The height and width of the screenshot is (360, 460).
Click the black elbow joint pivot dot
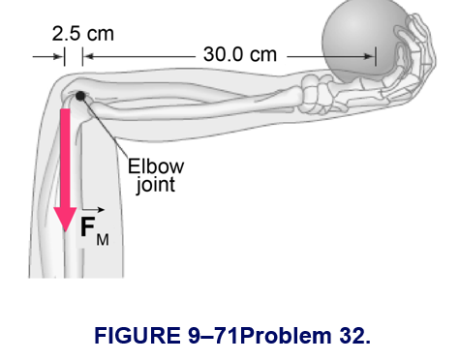coord(80,96)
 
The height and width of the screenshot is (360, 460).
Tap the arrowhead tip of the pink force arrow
coord(66,231)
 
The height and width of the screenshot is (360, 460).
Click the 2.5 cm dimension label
coord(83,34)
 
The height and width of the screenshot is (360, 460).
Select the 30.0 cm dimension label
coord(240,54)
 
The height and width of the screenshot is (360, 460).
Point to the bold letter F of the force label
coord(87,226)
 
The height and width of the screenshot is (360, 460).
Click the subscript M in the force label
coord(103,240)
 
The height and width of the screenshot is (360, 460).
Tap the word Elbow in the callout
coord(156,166)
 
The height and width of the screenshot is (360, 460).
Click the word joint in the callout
coord(156,185)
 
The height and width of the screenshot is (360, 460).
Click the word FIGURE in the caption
coord(138,336)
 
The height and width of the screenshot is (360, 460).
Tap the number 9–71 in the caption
coord(213,336)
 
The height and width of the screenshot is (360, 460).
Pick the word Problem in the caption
coord(286,336)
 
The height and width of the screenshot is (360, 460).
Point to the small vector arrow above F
coord(93,210)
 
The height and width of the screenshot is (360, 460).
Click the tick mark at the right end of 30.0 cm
coord(376,56)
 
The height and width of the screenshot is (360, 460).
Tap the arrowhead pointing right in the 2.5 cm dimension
coord(59,57)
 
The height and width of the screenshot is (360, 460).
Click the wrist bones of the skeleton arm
coord(316,94)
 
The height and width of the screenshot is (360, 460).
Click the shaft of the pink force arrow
coord(66,158)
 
